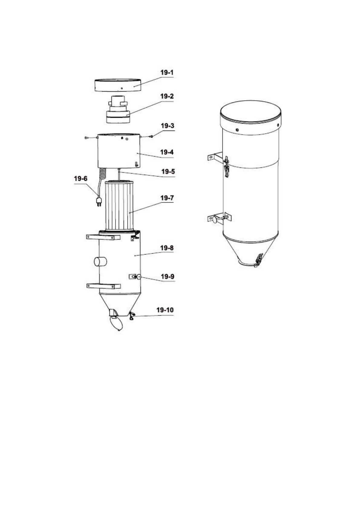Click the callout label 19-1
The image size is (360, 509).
167,73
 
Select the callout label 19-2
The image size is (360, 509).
167,96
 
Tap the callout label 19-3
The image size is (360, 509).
167,126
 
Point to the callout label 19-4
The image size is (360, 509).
167,152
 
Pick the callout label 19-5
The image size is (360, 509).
168,172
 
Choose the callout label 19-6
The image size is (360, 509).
81,179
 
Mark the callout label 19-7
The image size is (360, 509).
167,198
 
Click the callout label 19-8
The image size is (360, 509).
167,248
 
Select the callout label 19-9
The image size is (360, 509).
167,277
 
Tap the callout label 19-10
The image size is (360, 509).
165,310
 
